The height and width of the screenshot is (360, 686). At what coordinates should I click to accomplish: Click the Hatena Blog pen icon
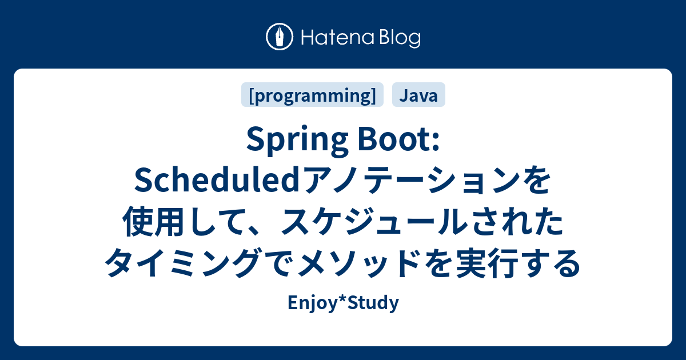(x=280, y=38)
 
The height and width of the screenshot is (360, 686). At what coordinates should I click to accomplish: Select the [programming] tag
(x=313, y=95)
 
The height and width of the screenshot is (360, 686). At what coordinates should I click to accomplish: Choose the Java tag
(x=418, y=95)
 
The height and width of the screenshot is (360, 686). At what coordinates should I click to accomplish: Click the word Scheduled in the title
(x=217, y=183)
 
